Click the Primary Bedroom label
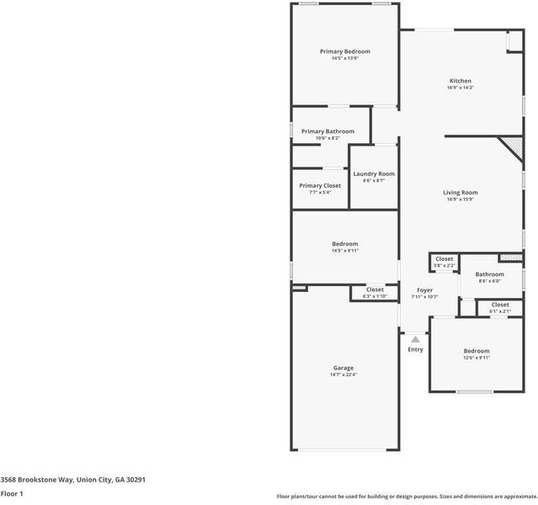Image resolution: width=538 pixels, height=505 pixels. (x=344, y=51)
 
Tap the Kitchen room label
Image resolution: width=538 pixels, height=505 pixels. (x=460, y=81)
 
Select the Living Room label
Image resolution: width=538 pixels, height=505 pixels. (x=460, y=193)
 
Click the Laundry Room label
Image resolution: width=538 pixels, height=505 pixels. (x=373, y=173)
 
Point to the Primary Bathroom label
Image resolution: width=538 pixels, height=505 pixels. (x=328, y=131)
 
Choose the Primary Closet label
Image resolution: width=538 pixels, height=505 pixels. (x=320, y=185)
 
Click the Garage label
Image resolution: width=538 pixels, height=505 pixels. (x=343, y=368)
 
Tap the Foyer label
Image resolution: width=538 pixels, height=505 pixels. (x=424, y=290)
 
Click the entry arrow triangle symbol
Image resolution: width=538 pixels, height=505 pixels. (x=415, y=339)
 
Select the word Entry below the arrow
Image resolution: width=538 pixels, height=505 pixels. (x=415, y=349)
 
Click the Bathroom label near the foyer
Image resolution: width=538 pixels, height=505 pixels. (x=489, y=274)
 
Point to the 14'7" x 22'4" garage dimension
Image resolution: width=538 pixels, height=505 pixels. (x=343, y=375)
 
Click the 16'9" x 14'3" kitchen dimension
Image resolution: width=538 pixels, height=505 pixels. (x=460, y=88)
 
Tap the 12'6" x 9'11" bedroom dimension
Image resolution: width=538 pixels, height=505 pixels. (x=476, y=358)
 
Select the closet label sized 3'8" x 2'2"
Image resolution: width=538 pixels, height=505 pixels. (x=444, y=259)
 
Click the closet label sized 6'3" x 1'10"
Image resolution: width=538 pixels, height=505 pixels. (x=375, y=290)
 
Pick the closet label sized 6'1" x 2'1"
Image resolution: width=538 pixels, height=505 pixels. (x=499, y=305)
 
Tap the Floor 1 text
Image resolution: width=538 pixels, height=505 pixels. (x=12, y=493)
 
